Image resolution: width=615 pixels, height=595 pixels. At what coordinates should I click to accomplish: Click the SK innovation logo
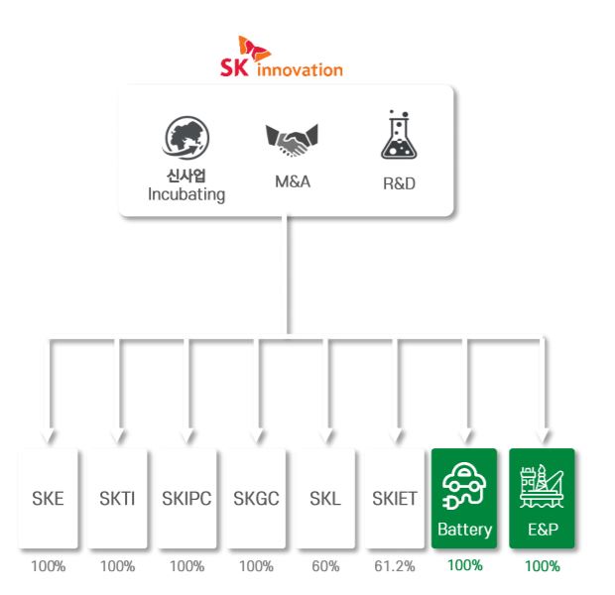click(282, 57)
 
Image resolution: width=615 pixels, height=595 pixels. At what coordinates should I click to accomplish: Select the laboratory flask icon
click(399, 135)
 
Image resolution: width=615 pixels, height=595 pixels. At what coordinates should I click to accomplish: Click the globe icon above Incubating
click(185, 137)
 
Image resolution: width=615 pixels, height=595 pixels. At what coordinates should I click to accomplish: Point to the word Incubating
click(186, 194)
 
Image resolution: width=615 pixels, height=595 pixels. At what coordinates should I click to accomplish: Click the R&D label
click(399, 183)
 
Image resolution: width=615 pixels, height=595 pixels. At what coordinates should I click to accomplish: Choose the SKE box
click(48, 498)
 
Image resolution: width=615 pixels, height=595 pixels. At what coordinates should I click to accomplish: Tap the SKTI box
click(117, 498)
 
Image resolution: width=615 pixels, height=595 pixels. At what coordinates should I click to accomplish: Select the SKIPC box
click(186, 498)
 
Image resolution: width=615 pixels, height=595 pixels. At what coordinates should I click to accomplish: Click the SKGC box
click(256, 498)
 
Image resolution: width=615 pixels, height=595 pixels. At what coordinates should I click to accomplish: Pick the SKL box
click(325, 498)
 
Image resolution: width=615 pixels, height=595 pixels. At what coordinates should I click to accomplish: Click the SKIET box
click(395, 498)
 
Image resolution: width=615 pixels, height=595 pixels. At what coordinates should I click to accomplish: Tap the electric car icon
click(464, 485)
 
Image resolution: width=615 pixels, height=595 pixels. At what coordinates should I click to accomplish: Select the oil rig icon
click(542, 486)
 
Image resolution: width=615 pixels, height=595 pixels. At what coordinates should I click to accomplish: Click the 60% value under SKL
click(325, 566)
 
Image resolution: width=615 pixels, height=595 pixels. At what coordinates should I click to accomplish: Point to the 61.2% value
click(395, 566)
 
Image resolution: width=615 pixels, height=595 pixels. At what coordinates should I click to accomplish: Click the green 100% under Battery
click(465, 565)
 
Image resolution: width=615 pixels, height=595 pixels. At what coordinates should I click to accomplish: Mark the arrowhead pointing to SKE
click(49, 436)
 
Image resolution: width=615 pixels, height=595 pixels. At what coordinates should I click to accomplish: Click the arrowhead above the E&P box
click(544, 436)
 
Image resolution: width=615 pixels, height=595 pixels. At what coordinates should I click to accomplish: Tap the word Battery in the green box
click(465, 530)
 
